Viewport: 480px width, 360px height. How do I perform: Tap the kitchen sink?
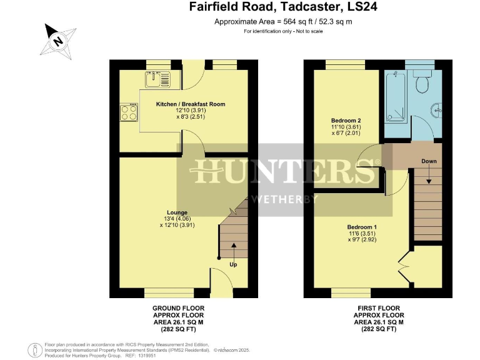pos(157,79)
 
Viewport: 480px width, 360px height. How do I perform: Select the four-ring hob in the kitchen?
pos(129,112)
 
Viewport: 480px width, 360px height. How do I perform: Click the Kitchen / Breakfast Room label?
pos(191,104)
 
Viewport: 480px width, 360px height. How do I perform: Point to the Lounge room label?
pos(177,212)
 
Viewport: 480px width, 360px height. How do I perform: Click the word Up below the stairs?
pos(234,264)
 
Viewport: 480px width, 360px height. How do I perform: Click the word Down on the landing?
pos(429,161)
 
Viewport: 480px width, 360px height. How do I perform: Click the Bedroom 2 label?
pos(346,121)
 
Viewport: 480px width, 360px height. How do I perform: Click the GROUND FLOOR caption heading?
pos(178,308)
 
